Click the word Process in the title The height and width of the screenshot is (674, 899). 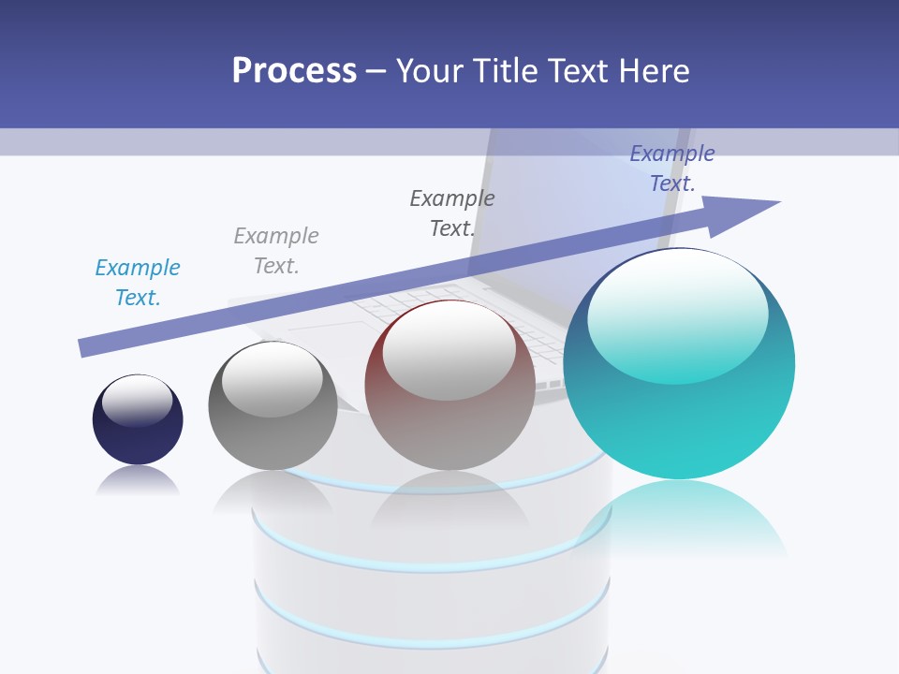click(294, 70)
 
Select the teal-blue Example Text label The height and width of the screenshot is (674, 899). click(138, 283)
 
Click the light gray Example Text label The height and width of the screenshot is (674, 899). click(276, 251)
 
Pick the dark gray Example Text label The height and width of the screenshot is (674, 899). click(452, 212)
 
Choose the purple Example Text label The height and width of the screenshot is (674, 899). click(671, 168)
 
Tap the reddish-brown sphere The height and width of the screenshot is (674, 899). click(449, 412)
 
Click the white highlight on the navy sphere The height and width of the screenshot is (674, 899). click(138, 400)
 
